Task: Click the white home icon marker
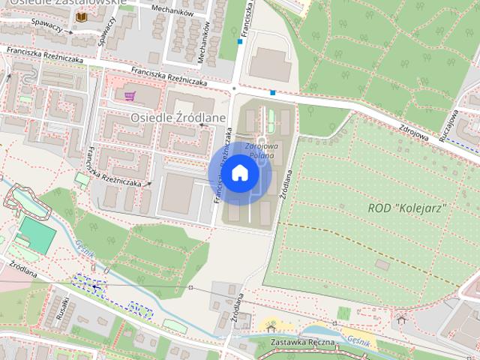click(x=239, y=173)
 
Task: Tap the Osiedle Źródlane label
click(x=173, y=118)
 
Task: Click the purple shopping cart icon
click(x=130, y=96)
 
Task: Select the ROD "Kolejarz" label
click(x=408, y=207)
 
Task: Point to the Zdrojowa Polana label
click(x=260, y=151)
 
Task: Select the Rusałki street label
click(x=64, y=307)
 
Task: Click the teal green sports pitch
click(x=37, y=233)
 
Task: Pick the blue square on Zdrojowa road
click(x=273, y=93)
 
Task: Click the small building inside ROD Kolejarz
click(x=382, y=264)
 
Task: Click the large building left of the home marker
click(x=178, y=193)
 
